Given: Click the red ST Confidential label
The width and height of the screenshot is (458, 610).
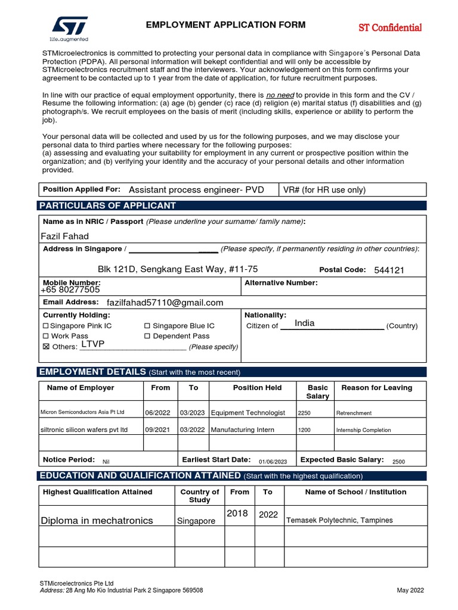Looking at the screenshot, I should coord(389,28).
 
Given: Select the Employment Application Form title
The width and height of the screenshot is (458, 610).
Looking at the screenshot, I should coord(225,25).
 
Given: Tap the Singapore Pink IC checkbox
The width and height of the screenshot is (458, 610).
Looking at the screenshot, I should coord(46,326).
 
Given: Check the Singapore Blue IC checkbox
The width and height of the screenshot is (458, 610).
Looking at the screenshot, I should coord(147,326).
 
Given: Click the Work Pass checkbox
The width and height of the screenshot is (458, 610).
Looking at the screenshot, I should coord(46,337).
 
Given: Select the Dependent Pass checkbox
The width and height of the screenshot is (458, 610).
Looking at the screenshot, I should coord(147,337).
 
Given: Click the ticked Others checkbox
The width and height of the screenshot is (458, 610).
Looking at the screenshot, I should coord(46,347).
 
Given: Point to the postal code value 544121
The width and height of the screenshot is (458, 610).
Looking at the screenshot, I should coord(389,270).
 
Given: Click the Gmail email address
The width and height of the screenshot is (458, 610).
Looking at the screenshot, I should coord(165,303).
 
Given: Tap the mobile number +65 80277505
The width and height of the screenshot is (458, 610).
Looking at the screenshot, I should coord(70,290).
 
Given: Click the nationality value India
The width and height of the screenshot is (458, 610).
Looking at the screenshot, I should coord(304,323).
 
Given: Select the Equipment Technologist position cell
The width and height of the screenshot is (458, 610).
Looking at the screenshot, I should coord(248,413).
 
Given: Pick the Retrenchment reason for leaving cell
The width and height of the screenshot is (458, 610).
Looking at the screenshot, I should coord(354,413).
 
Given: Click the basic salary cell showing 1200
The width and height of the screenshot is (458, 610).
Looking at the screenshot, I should coord(304,430).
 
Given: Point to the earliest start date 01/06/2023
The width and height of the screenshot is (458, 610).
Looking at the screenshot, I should coord(273,462).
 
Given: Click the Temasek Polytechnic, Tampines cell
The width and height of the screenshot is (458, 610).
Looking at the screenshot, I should coord(339,521).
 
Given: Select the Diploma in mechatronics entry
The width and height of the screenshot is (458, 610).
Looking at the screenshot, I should coord(97,521).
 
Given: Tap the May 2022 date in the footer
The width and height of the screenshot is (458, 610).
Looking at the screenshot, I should coord(410,590).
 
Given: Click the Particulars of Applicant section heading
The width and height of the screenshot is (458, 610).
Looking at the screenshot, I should coord(107,206).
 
